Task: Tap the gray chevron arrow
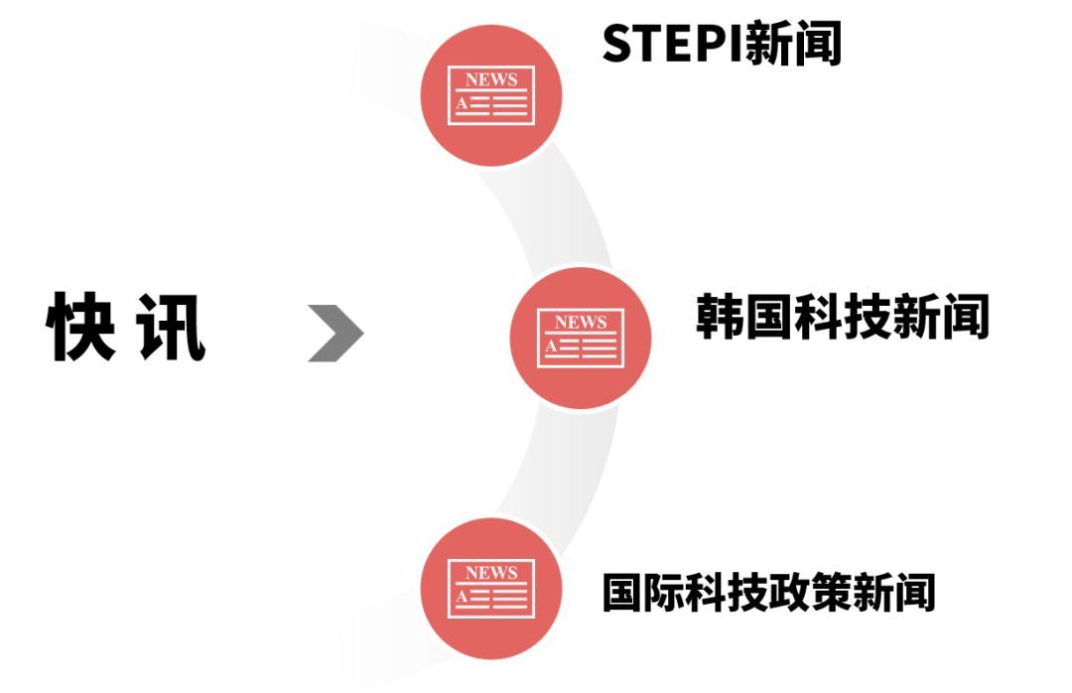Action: pos(335,333)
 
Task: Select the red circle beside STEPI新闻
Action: pos(491,94)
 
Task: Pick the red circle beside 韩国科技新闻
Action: pos(581,337)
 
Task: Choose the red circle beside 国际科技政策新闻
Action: pos(491,588)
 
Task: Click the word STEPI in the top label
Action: pos(673,43)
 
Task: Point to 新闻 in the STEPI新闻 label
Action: pos(793,43)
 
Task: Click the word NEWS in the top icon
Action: pos(491,79)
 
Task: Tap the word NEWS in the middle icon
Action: pos(581,322)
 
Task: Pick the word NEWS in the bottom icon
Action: pos(491,573)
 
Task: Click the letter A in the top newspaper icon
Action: pos(461,103)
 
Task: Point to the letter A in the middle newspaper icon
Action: pos(550,346)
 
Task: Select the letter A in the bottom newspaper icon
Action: pos(461,597)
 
